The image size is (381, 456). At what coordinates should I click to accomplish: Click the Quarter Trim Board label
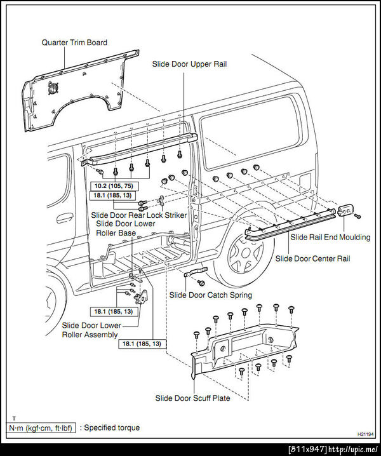click(74, 43)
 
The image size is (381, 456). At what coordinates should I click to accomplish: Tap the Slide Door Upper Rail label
click(189, 64)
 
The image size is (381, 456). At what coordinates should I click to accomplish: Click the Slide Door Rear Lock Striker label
click(139, 215)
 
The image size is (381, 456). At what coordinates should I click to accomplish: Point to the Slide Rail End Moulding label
click(330, 237)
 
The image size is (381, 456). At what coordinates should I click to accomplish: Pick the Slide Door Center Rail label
click(312, 258)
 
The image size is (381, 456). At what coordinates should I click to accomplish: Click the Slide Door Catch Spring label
click(210, 295)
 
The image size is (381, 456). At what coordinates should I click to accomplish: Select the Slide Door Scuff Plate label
click(193, 398)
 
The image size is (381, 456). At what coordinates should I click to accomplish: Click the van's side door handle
click(63, 217)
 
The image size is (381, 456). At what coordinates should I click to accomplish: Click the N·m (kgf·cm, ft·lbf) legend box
click(40, 428)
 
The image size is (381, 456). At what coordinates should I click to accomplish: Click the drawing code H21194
click(365, 433)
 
